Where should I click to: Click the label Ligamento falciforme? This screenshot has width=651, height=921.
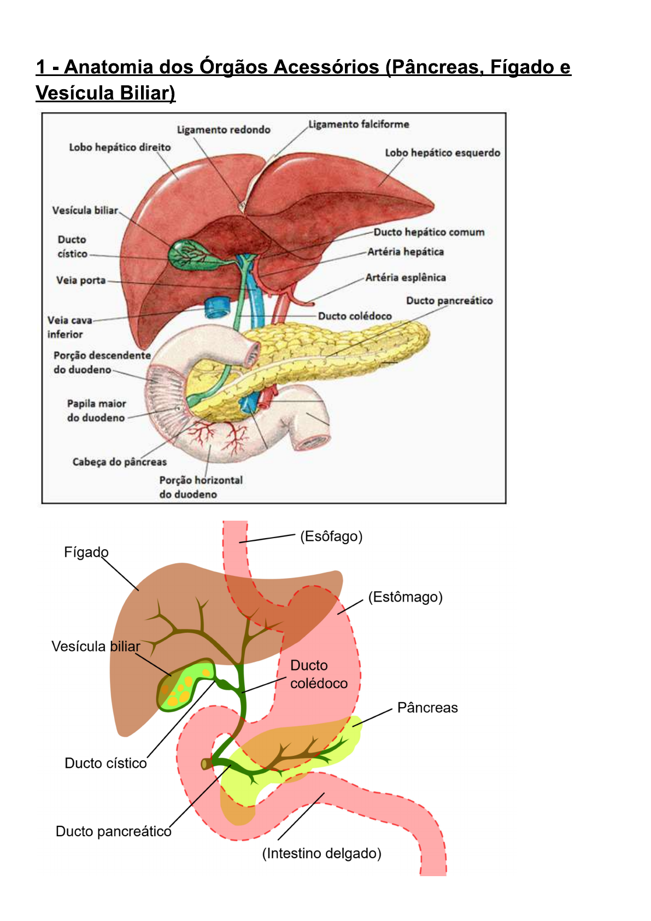point(359,124)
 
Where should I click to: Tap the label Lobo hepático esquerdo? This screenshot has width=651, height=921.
point(443,153)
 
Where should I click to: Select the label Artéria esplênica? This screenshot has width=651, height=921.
point(406,277)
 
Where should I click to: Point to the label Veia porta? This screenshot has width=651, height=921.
point(81,281)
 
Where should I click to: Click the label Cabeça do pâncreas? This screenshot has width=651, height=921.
point(120,462)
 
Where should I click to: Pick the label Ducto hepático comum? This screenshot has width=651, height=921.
point(429,232)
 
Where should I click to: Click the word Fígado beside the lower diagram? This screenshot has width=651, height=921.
point(86,552)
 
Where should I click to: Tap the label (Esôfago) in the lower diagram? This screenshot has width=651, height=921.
point(331,537)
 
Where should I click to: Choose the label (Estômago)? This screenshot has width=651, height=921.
point(405,597)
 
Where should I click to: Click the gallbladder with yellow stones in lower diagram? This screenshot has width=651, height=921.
point(183,685)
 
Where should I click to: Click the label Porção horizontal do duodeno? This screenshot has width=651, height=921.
point(201,487)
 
